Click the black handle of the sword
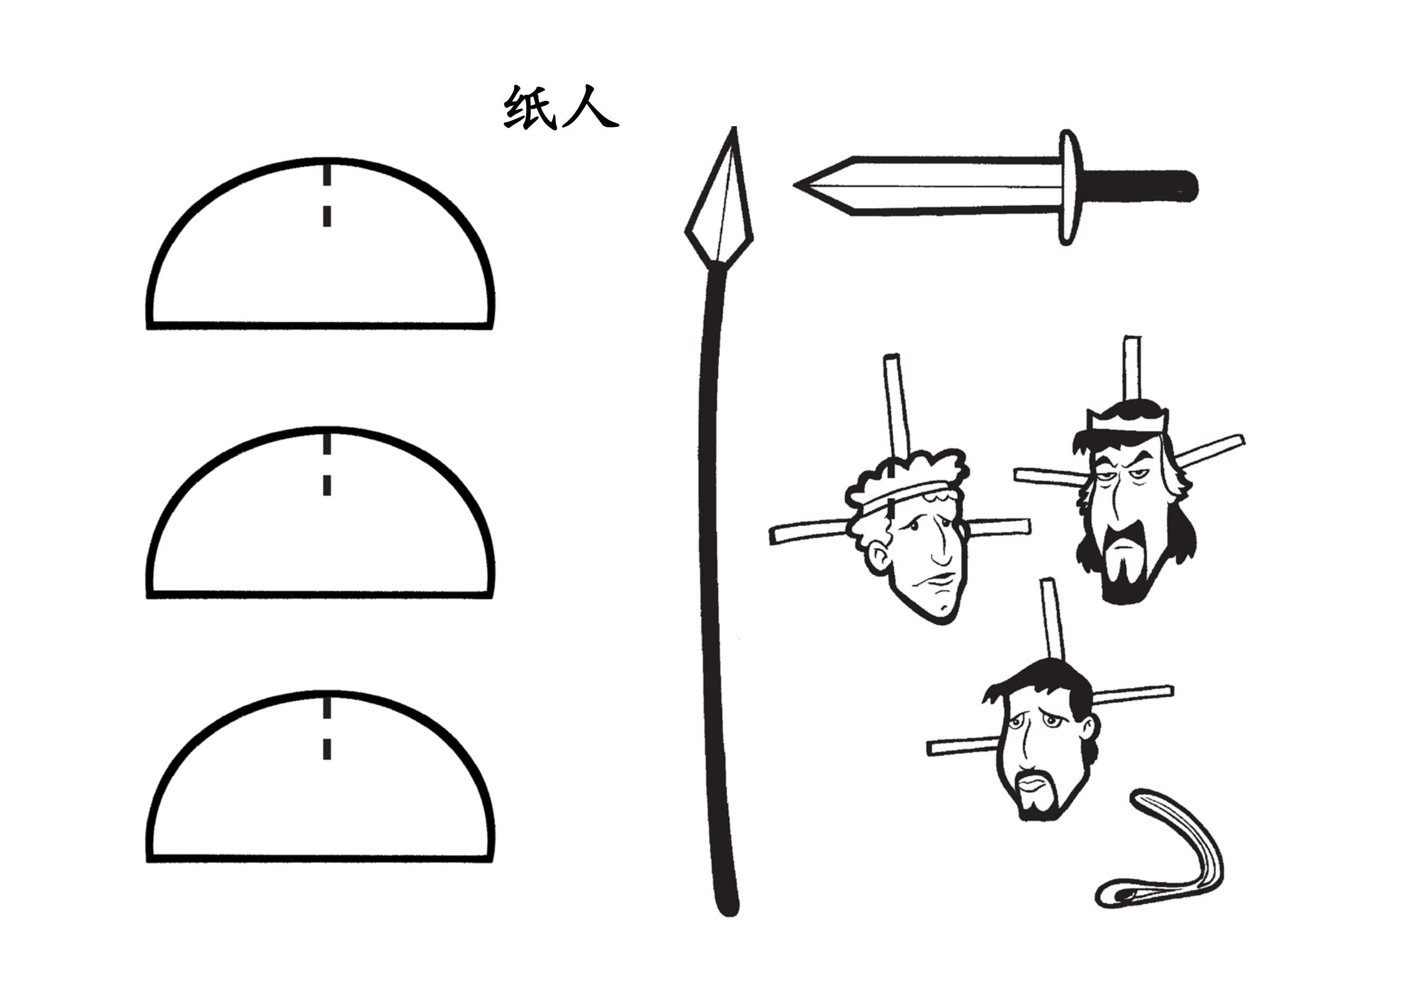[x=1139, y=186]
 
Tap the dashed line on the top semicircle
[x=327, y=194]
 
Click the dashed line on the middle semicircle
[x=327, y=463]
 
